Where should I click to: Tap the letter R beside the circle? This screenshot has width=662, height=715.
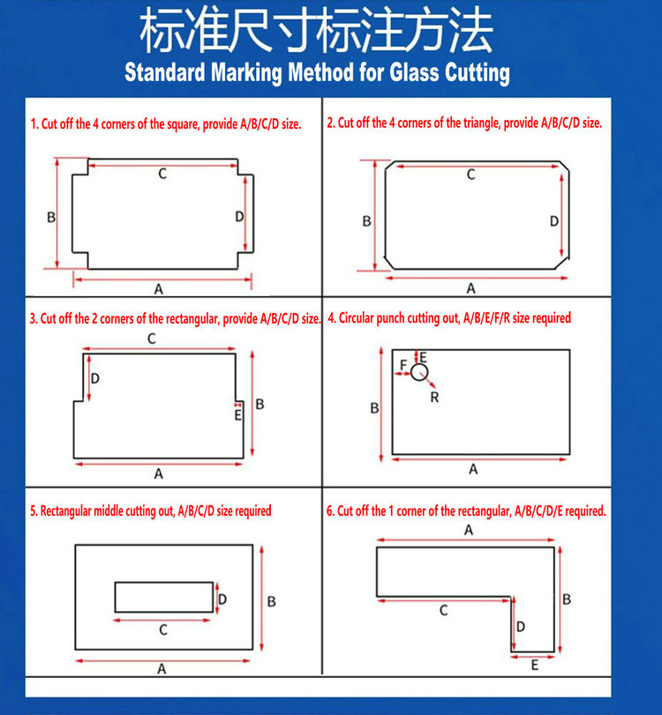pyautogui.click(x=434, y=398)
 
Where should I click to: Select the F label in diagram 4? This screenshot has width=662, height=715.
pyautogui.click(x=403, y=365)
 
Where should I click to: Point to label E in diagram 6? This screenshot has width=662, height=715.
pyautogui.click(x=535, y=666)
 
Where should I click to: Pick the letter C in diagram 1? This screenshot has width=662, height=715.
pyautogui.click(x=162, y=174)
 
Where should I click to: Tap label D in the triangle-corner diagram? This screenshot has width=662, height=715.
pyautogui.click(x=553, y=221)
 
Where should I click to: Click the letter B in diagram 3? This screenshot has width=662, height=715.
pyautogui.click(x=260, y=404)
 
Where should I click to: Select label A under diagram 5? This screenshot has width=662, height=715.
pyautogui.click(x=162, y=669)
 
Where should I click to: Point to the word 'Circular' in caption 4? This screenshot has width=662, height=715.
pyautogui.click(x=357, y=318)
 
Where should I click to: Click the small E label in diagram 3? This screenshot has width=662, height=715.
pyautogui.click(x=237, y=415)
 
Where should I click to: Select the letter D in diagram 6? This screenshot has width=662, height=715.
pyautogui.click(x=521, y=627)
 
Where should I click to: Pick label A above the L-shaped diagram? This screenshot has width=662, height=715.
pyautogui.click(x=469, y=530)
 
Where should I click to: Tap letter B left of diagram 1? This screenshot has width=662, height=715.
pyautogui.click(x=51, y=218)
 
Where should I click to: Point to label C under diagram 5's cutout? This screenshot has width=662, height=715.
pyautogui.click(x=163, y=630)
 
